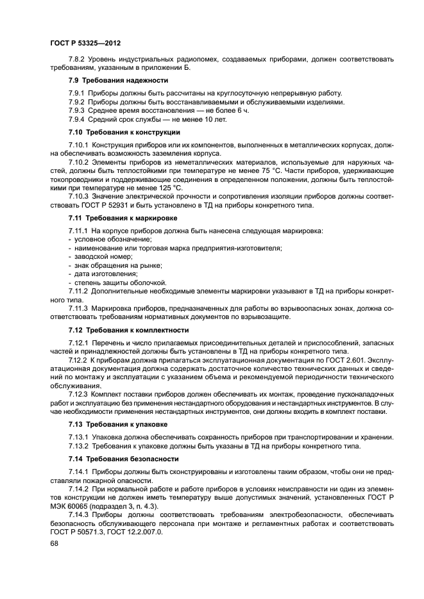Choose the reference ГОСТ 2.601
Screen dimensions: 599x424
323,360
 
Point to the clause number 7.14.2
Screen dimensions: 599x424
80,489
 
